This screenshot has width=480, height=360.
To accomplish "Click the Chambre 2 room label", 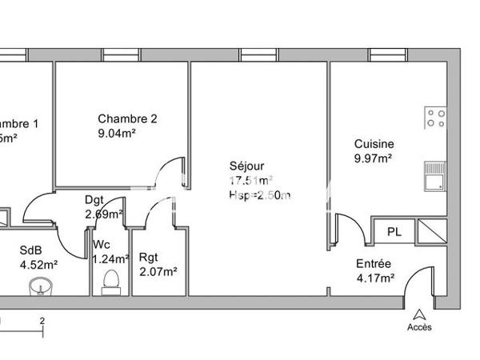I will pyautogui.click(x=127, y=119).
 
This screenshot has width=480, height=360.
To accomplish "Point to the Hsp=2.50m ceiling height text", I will pyautogui.click(x=259, y=194).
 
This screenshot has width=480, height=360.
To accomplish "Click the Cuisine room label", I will pyautogui.click(x=374, y=144).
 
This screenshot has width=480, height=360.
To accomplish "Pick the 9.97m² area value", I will pyautogui.click(x=373, y=158).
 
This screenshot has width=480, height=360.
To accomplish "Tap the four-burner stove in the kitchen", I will pyautogui.click(x=435, y=118).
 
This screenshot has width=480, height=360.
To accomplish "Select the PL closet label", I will pyautogui.click(x=394, y=232).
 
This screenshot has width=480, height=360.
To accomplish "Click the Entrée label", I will pyautogui.click(x=374, y=264).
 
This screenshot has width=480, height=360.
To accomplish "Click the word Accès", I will pyautogui.click(x=418, y=327).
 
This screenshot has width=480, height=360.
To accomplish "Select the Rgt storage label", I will pyautogui.click(x=149, y=257).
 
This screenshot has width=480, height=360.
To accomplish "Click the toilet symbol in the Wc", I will pyautogui.click(x=111, y=281).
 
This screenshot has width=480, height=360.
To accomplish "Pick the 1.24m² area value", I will pyautogui.click(x=110, y=258).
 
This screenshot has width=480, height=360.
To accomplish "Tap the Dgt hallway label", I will pyautogui.click(x=94, y=200).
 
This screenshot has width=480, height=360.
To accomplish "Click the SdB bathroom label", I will pyautogui.click(x=32, y=250).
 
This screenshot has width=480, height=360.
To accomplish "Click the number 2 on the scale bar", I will pyautogui.click(x=42, y=319).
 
